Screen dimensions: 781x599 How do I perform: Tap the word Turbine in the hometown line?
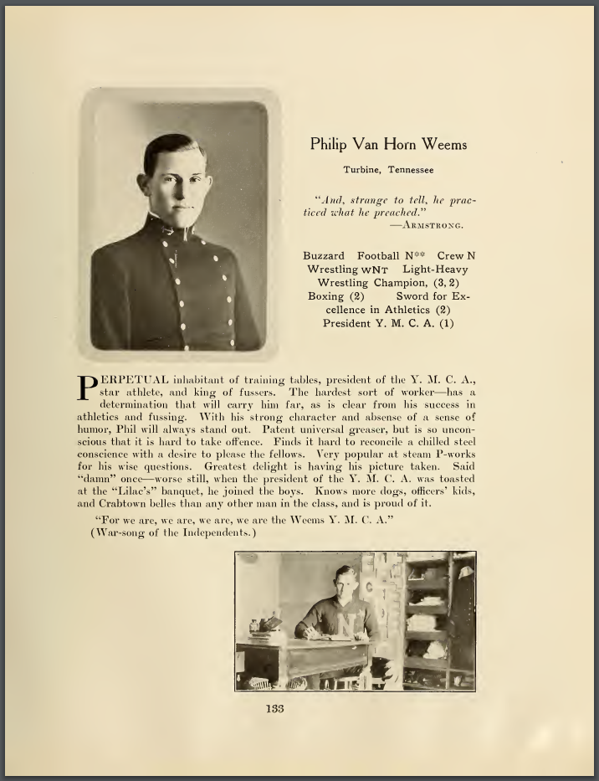[x=362, y=170]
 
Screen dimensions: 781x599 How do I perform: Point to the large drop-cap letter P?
[x=87, y=386]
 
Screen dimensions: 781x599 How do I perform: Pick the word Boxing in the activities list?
[x=325, y=296]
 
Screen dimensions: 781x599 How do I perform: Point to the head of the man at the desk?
[x=345, y=580]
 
